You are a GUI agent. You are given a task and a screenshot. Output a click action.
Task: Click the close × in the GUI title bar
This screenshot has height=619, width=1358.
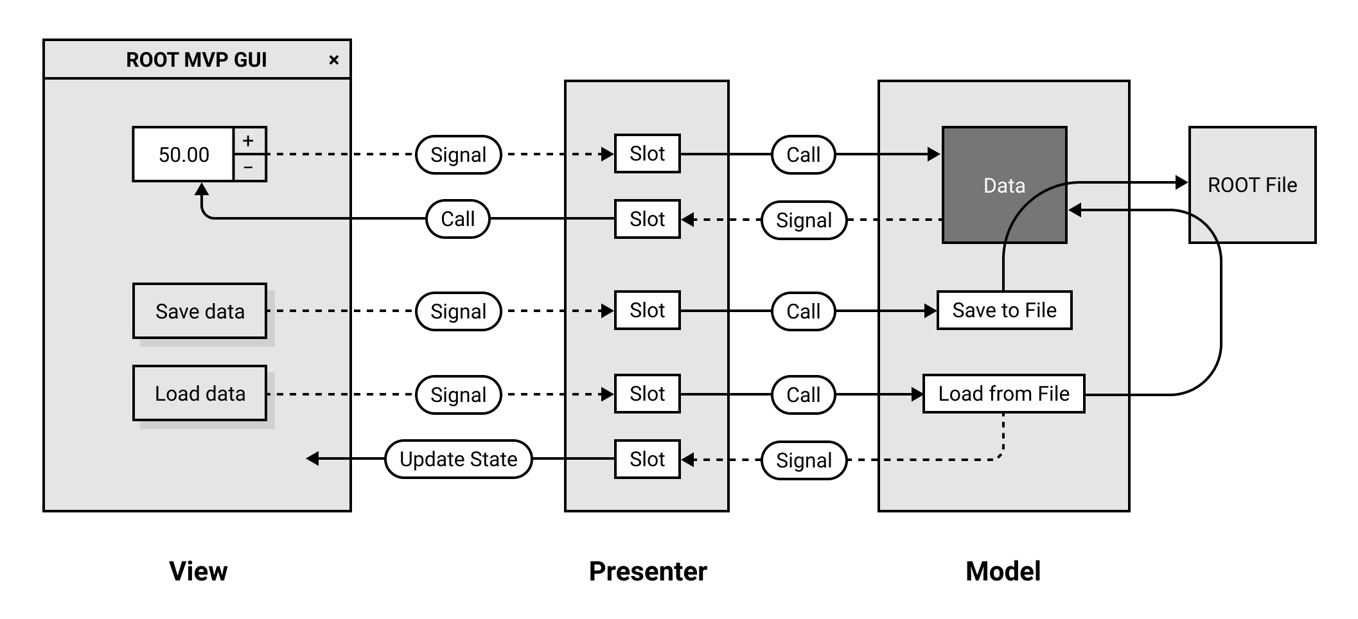333,60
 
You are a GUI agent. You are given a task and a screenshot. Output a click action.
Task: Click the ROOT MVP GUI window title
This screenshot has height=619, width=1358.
196,60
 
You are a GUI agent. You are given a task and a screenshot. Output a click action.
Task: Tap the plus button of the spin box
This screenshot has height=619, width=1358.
249,141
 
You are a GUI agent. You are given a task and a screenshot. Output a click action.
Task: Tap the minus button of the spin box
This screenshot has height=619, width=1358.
249,168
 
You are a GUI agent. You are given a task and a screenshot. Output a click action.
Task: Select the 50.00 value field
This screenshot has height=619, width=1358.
184,155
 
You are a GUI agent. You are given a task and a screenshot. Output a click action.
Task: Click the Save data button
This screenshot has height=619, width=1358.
200,311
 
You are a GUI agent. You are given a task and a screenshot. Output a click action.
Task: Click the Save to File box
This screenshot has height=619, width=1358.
1004,311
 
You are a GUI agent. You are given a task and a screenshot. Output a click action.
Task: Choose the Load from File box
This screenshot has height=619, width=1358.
1003,394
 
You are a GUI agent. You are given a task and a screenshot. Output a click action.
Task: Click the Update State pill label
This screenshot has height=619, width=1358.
458,459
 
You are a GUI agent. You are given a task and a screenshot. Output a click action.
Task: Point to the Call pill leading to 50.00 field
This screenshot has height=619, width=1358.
457,219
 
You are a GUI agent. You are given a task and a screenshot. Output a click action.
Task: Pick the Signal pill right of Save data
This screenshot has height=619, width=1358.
458,311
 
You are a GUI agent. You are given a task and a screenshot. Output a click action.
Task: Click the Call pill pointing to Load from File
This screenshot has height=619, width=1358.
803,394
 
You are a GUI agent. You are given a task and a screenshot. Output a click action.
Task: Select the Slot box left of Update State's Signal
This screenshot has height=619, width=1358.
647,459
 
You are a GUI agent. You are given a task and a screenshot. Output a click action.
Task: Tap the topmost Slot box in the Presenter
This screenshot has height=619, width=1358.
647,154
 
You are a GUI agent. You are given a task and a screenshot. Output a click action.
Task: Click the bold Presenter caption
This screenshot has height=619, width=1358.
648,571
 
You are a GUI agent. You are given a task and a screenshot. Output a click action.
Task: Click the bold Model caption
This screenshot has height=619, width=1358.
1003,571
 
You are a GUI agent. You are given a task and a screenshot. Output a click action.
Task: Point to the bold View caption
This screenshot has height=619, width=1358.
198,571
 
